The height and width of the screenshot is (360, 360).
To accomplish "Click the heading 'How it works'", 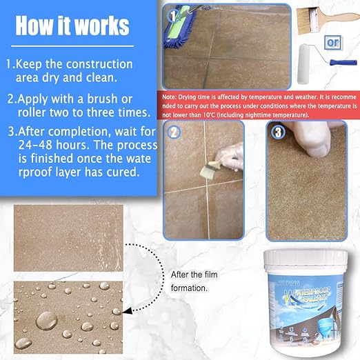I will point(72,26).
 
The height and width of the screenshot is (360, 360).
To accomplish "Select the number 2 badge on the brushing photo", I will point(175,132).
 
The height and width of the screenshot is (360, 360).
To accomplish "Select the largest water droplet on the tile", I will point(46,319).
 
